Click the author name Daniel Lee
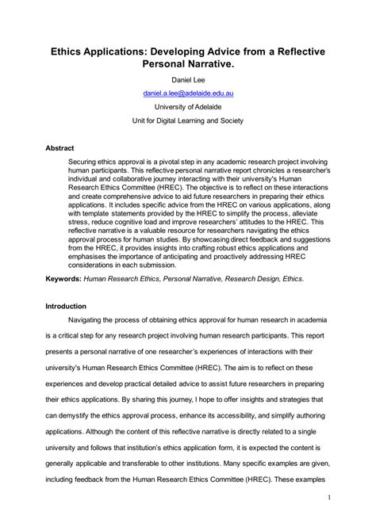[x=187, y=79]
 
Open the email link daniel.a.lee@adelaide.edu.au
[x=187, y=94]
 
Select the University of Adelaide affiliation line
[x=187, y=108]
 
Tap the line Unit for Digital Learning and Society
[x=187, y=122]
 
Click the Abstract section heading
[x=61, y=147]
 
